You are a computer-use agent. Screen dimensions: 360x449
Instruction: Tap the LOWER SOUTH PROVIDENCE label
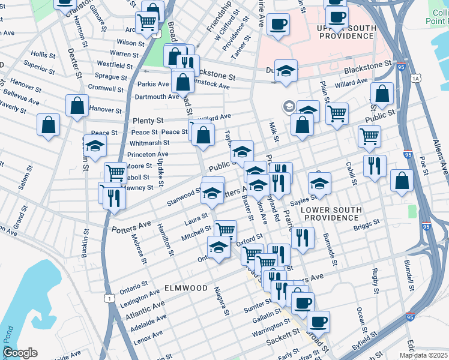tap(331, 215)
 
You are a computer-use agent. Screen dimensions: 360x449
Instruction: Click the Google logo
tap(20, 353)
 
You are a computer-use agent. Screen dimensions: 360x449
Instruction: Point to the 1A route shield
tap(415, 79)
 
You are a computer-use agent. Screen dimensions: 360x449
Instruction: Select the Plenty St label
tap(149, 121)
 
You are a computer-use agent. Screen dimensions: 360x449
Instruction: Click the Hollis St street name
tap(43, 54)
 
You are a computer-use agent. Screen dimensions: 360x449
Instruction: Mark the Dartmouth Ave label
tap(158, 97)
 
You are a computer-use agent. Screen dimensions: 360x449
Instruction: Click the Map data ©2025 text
tap(423, 355)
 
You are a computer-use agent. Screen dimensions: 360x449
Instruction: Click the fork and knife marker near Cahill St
tap(375, 166)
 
